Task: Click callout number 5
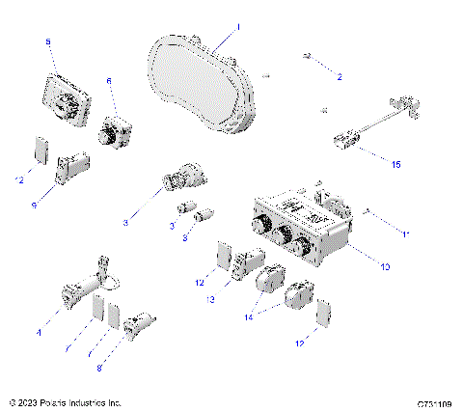coord(48,41)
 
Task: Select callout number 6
coord(109,82)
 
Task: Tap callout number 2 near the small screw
coord(339,74)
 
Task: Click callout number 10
coord(385,265)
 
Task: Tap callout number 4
coord(39,332)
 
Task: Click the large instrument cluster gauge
coord(203,82)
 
